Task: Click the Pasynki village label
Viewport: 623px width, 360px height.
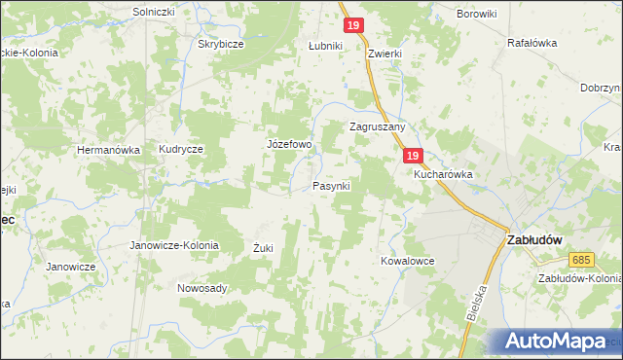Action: point(331,185)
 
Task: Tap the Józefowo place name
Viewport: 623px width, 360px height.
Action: point(289,145)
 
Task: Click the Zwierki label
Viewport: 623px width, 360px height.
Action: point(387,55)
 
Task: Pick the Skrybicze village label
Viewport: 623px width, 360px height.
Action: point(220,45)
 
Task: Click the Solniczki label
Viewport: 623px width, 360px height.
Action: point(153,12)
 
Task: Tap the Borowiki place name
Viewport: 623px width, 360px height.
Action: point(477,14)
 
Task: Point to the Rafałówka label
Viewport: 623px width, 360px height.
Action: point(531,43)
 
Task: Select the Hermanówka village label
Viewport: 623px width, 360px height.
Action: point(109,150)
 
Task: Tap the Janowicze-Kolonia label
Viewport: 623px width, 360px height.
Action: point(174,246)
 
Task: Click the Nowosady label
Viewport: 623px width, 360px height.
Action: point(202,288)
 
